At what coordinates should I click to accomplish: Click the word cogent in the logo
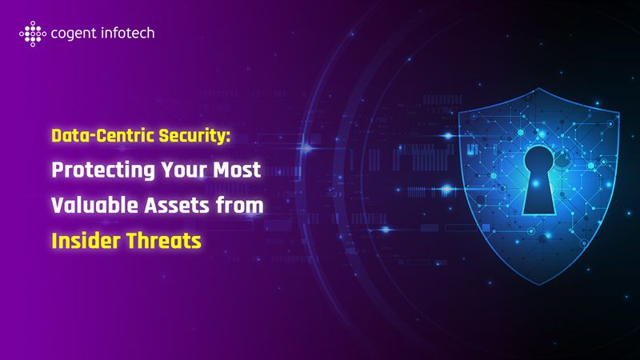(x=70, y=34)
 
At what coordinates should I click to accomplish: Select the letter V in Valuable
(x=58, y=205)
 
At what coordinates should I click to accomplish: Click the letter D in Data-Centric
(x=58, y=136)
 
